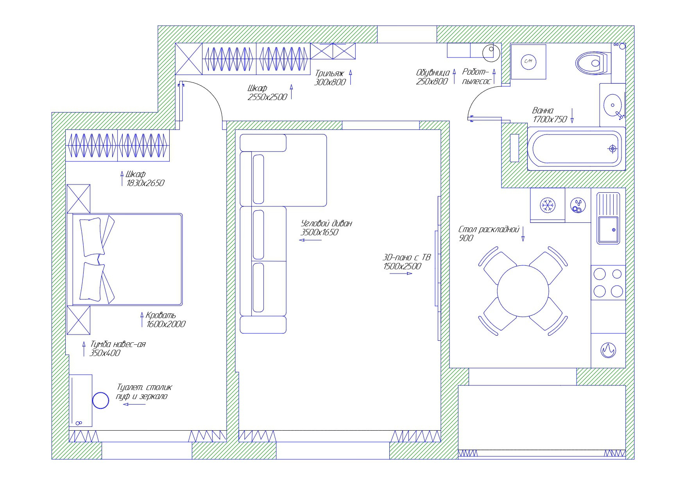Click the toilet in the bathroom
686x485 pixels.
pyautogui.click(x=592, y=63)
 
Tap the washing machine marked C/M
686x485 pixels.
pyautogui.click(x=528, y=61)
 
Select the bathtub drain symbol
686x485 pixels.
pyautogui.click(x=612, y=149)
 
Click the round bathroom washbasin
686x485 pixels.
pyautogui.click(x=612, y=105)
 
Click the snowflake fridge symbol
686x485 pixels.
pyautogui.click(x=547, y=205)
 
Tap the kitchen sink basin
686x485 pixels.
pyautogui.click(x=607, y=230)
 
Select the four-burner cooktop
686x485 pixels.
pyautogui.click(x=608, y=283)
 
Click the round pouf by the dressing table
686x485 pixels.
pyautogui.click(x=100, y=401)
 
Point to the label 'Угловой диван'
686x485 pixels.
pyautogui.click(x=326, y=224)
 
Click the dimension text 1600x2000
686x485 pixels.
pyautogui.click(x=166, y=324)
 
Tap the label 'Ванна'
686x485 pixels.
pyautogui.click(x=543, y=111)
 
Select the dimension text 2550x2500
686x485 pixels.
pyautogui.click(x=267, y=97)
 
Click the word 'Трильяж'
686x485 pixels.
pyautogui.click(x=329, y=73)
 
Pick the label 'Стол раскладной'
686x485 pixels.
pyautogui.click(x=489, y=229)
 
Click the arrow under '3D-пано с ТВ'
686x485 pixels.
pyautogui.click(x=401, y=274)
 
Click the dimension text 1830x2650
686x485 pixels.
pyautogui.click(x=145, y=183)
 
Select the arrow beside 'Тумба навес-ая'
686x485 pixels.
pyautogui.click(x=84, y=349)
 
